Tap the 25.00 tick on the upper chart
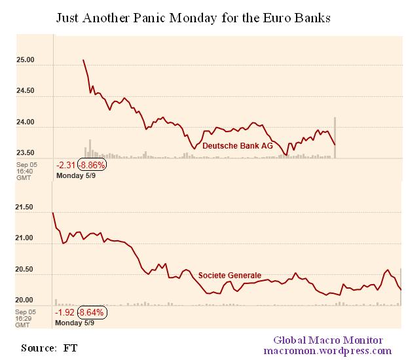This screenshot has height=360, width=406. click(26, 60)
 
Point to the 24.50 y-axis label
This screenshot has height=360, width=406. click(26, 91)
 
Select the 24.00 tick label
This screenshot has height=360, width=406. click(26, 122)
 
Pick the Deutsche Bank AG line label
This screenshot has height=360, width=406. click(237, 145)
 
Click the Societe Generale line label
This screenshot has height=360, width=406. click(230, 276)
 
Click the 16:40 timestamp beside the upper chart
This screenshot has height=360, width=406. click(25, 171)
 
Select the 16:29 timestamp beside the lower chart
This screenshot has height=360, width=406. click(25, 318)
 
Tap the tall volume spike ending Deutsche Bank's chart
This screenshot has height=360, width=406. click(335, 137)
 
